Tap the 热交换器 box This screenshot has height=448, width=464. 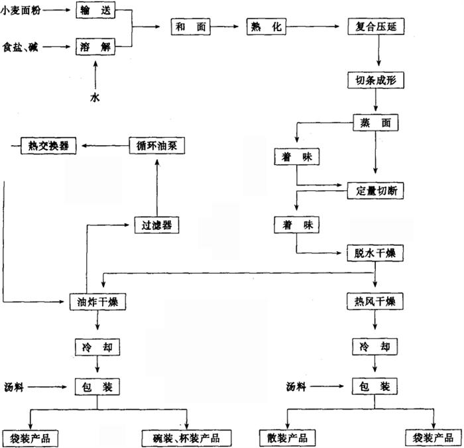click(48, 145)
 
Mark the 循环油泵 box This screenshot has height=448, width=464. click(156, 145)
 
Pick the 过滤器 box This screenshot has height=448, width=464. click(156, 225)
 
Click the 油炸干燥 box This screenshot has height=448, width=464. click(98, 302)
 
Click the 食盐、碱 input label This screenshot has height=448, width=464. click(21, 48)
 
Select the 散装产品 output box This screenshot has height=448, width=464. click(286, 437)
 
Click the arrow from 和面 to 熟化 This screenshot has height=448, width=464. click(225, 27)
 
